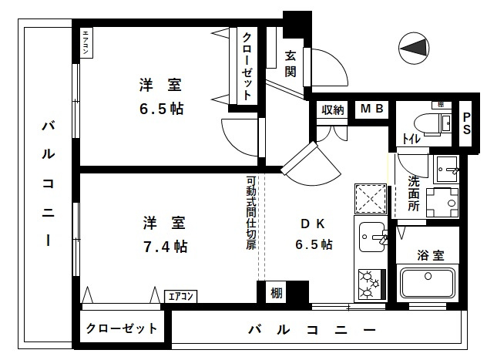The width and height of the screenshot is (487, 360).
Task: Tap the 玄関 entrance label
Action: click(291, 65)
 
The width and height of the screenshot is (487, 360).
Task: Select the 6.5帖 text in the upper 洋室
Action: click(161, 109)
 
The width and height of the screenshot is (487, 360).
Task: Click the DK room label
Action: click(312, 224)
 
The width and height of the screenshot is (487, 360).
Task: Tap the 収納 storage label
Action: click(333, 109)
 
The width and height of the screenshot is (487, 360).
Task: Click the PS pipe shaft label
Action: click(466, 124)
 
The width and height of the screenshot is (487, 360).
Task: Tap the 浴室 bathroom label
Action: click(429, 254)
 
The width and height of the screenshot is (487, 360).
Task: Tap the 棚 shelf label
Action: click(276, 294)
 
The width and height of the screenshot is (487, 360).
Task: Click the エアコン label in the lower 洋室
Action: click(182, 296)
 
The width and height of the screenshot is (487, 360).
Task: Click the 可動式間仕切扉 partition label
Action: click(250, 213)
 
